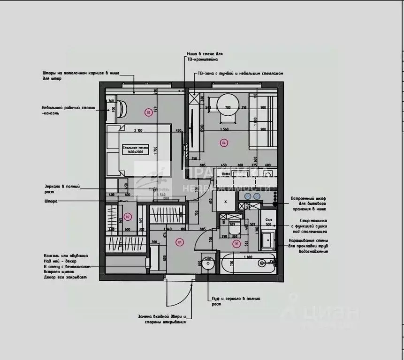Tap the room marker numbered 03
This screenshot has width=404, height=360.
[x=149, y=112]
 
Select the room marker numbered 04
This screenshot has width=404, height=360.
[x=224, y=142]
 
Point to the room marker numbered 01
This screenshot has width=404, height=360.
[x=179, y=242]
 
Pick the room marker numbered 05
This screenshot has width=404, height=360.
[x=236, y=243]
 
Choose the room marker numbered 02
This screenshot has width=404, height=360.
[x=128, y=217]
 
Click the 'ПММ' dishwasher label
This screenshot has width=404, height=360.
[x=226, y=174]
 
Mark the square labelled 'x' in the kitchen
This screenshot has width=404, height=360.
[x=225, y=201]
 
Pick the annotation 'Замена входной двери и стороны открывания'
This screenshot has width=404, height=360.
[x=162, y=319]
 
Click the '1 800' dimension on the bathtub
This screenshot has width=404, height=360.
[x=249, y=257]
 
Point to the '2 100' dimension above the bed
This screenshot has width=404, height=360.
[x=137, y=130]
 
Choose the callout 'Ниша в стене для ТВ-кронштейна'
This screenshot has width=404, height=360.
[x=202, y=57]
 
